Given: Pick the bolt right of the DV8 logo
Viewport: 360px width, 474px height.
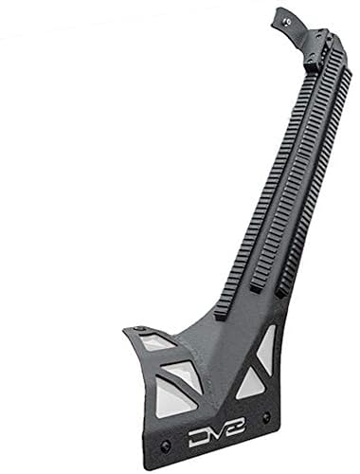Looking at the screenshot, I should (x=266, y=417).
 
